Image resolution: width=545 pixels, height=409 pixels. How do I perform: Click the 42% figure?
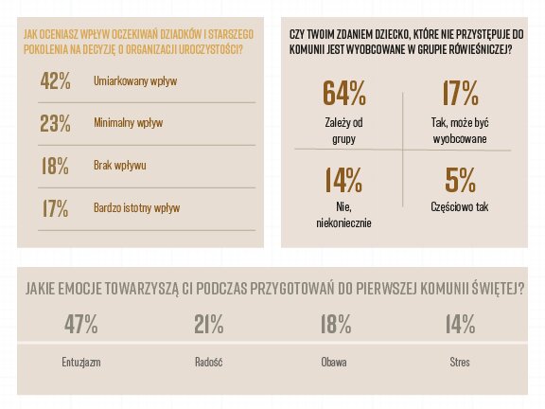click(56, 80)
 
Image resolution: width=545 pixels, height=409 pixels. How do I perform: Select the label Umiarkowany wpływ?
click(136, 82)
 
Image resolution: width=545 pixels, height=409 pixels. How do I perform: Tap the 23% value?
click(56, 123)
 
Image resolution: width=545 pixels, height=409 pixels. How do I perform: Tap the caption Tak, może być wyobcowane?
click(459, 130)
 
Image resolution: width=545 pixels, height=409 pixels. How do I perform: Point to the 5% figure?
click(461, 179)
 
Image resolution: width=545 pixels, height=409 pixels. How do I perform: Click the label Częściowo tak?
click(459, 206)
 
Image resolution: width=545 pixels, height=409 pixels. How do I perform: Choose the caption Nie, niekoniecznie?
click(343, 214)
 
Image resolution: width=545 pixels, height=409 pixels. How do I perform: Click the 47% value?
click(80, 325)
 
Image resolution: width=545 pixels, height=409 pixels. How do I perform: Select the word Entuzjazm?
click(80, 363)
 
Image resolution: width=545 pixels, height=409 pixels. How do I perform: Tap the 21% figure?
click(208, 325)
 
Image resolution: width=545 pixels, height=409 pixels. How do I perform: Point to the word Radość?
click(208, 363)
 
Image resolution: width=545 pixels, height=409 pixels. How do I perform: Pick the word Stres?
click(460, 363)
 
